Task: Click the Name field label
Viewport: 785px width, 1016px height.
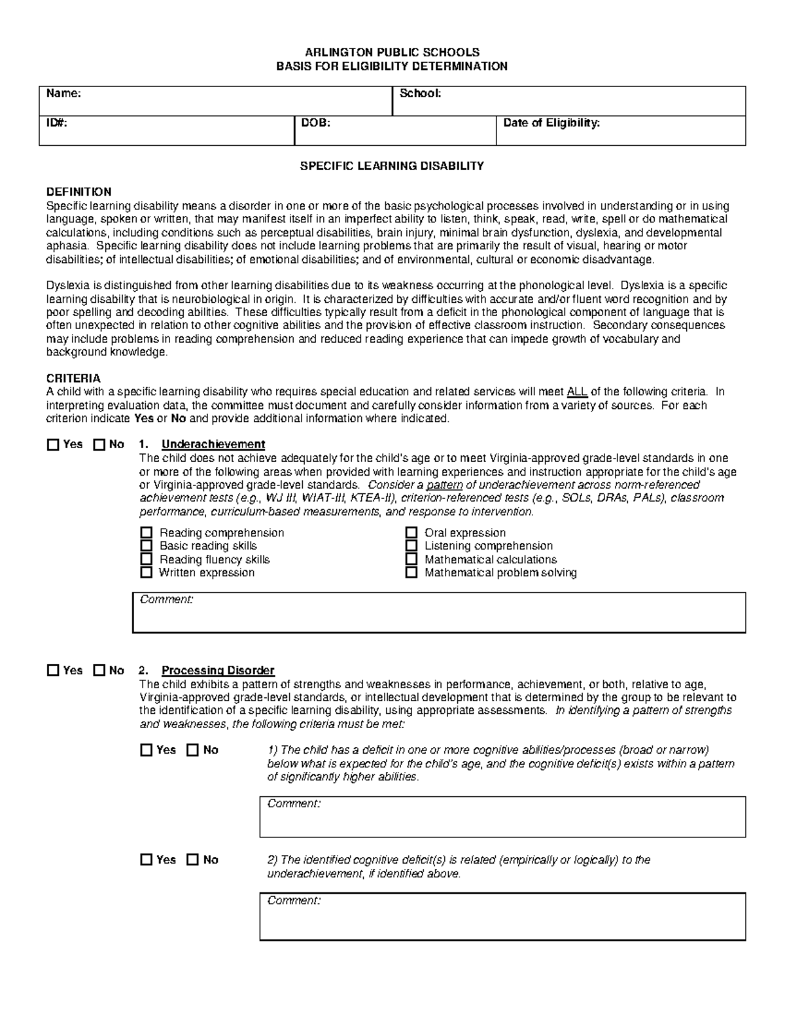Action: pyautogui.click(x=63, y=94)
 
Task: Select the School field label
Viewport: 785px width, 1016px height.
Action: pyautogui.click(x=420, y=94)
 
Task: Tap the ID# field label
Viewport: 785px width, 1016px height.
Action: pyautogui.click(x=56, y=123)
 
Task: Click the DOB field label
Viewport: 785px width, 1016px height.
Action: pyautogui.click(x=315, y=123)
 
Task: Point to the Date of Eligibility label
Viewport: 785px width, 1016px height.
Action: pyautogui.click(x=551, y=123)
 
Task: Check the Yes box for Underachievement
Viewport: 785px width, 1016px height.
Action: pyautogui.click(x=53, y=445)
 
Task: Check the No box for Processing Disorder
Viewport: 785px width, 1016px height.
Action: pyautogui.click(x=99, y=671)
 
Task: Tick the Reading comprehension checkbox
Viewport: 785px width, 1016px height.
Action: pyautogui.click(x=147, y=533)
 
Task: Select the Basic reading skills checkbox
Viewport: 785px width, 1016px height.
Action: pyautogui.click(x=147, y=546)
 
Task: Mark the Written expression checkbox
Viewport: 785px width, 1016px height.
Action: pyautogui.click(x=147, y=572)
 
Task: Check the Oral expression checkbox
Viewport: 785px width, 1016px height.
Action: pyautogui.click(x=411, y=533)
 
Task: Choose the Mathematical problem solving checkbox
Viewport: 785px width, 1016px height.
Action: pyautogui.click(x=411, y=572)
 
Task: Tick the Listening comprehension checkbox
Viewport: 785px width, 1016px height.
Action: pyautogui.click(x=411, y=546)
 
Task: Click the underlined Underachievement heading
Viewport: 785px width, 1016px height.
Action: pyautogui.click(x=213, y=445)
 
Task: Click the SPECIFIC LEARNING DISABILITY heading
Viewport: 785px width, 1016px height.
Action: pyautogui.click(x=392, y=166)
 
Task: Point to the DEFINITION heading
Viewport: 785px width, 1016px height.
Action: pyautogui.click(x=78, y=192)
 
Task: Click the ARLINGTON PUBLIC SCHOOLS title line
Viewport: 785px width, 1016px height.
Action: pyautogui.click(x=392, y=52)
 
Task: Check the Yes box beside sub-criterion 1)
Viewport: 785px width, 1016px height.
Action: pyautogui.click(x=146, y=750)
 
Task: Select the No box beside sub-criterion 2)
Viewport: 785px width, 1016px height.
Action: pyautogui.click(x=192, y=860)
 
